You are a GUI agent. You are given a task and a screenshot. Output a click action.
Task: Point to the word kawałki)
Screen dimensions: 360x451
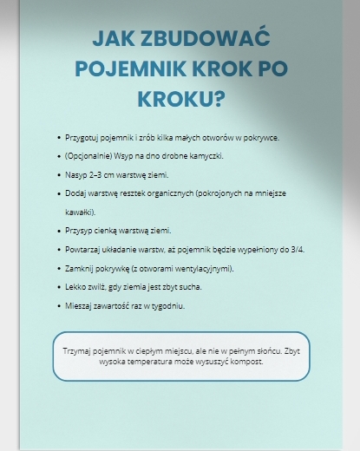[80, 212]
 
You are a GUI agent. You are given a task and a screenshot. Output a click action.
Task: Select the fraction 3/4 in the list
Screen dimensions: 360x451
[297, 249]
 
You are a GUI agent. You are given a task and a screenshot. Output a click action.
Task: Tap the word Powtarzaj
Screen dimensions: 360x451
[83, 249]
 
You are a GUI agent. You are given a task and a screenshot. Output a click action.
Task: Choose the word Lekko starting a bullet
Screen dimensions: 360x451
[75, 286]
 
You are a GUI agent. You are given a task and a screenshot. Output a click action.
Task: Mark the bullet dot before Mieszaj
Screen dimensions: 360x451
[58, 305]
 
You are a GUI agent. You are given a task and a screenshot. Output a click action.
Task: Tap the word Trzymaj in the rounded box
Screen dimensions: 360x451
[78, 351]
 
